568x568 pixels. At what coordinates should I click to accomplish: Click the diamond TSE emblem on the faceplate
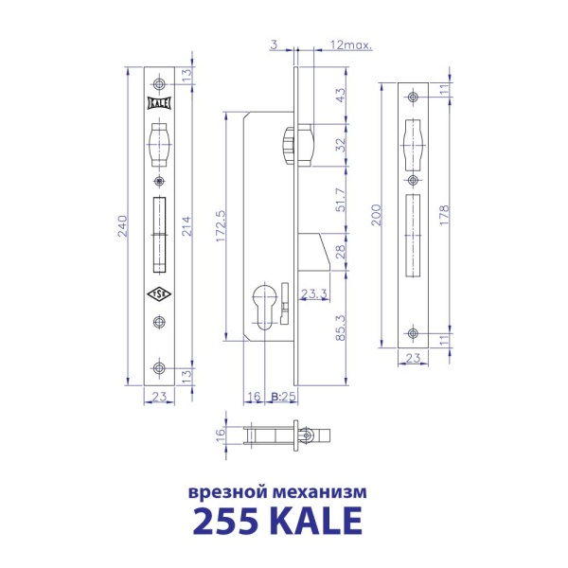pyautogui.click(x=159, y=294)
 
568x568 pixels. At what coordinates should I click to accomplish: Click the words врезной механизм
pyautogui.click(x=276, y=492)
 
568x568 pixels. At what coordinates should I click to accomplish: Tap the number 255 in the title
pyautogui.click(x=225, y=521)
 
